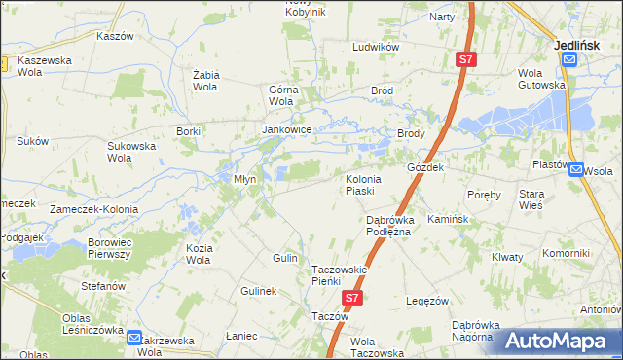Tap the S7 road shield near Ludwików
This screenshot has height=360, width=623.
[x=466, y=60]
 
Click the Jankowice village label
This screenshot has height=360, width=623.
[x=286, y=128]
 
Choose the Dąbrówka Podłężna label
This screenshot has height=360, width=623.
[x=389, y=225]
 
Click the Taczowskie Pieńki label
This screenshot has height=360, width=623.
[x=338, y=274]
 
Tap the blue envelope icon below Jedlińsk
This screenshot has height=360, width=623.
[x=569, y=58]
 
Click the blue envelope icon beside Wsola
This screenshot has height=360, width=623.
[x=577, y=168]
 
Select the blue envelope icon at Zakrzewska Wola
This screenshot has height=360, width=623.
[x=134, y=338]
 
